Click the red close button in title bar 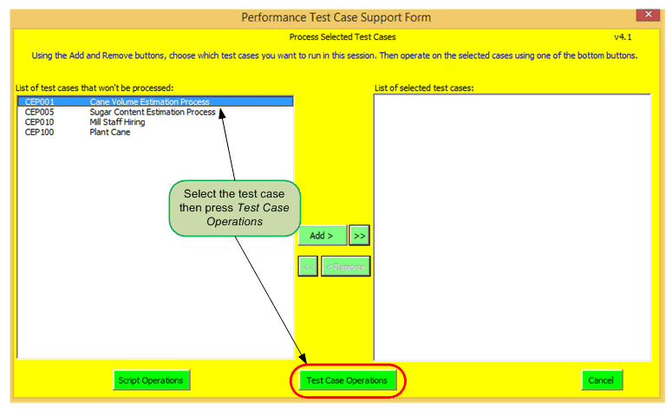tap(646, 15)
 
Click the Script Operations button tap(151, 380)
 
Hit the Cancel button tap(601, 380)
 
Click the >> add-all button tap(360, 236)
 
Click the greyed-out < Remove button tap(346, 266)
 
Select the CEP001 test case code tap(39, 102)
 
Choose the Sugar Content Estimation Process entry tap(153, 113)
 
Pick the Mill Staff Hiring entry tap(117, 122)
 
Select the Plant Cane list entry tap(110, 133)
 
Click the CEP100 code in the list tap(39, 133)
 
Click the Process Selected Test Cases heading tap(342, 37)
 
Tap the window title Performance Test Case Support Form tap(336, 17)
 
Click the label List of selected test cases tap(423, 88)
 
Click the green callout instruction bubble tap(235, 207)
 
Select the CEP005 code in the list tap(39, 113)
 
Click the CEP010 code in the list tap(39, 122)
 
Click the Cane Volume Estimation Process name tap(149, 102)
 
